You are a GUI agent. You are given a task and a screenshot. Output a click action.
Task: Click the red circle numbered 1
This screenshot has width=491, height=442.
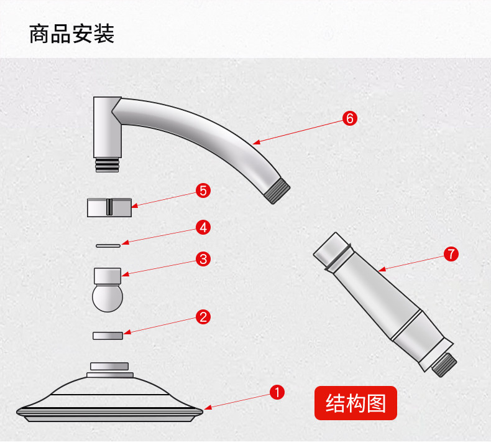(x=277, y=392)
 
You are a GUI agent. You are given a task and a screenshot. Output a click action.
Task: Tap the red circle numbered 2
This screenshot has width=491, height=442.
(x=203, y=317)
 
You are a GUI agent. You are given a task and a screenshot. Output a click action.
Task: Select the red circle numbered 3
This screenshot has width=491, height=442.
(x=203, y=259)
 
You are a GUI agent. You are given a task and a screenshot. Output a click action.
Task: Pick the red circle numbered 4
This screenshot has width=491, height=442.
(x=203, y=227)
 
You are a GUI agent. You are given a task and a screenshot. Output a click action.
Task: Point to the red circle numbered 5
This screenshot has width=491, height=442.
(x=203, y=190)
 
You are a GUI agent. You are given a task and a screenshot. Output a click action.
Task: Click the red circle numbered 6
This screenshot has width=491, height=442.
(x=350, y=118)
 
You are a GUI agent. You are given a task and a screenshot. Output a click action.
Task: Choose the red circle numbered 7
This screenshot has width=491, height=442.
(x=451, y=253)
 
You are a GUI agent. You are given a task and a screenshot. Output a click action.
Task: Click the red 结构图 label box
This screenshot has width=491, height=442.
(x=356, y=403)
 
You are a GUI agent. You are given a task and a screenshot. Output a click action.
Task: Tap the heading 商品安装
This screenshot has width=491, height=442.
(x=72, y=34)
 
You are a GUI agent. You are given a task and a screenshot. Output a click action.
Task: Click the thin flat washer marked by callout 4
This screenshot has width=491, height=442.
(x=108, y=246)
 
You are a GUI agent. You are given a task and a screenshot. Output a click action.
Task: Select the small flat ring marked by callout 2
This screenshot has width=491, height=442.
(x=108, y=336)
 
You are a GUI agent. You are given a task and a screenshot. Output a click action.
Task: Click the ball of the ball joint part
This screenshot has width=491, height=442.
(x=108, y=297)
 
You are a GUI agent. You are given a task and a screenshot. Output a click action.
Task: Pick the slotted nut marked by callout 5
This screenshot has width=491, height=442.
(x=109, y=207)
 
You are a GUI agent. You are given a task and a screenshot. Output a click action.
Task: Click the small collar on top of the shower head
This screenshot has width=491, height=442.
(x=109, y=366)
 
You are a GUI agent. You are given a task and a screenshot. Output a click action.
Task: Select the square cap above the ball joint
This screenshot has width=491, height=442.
(x=108, y=275)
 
